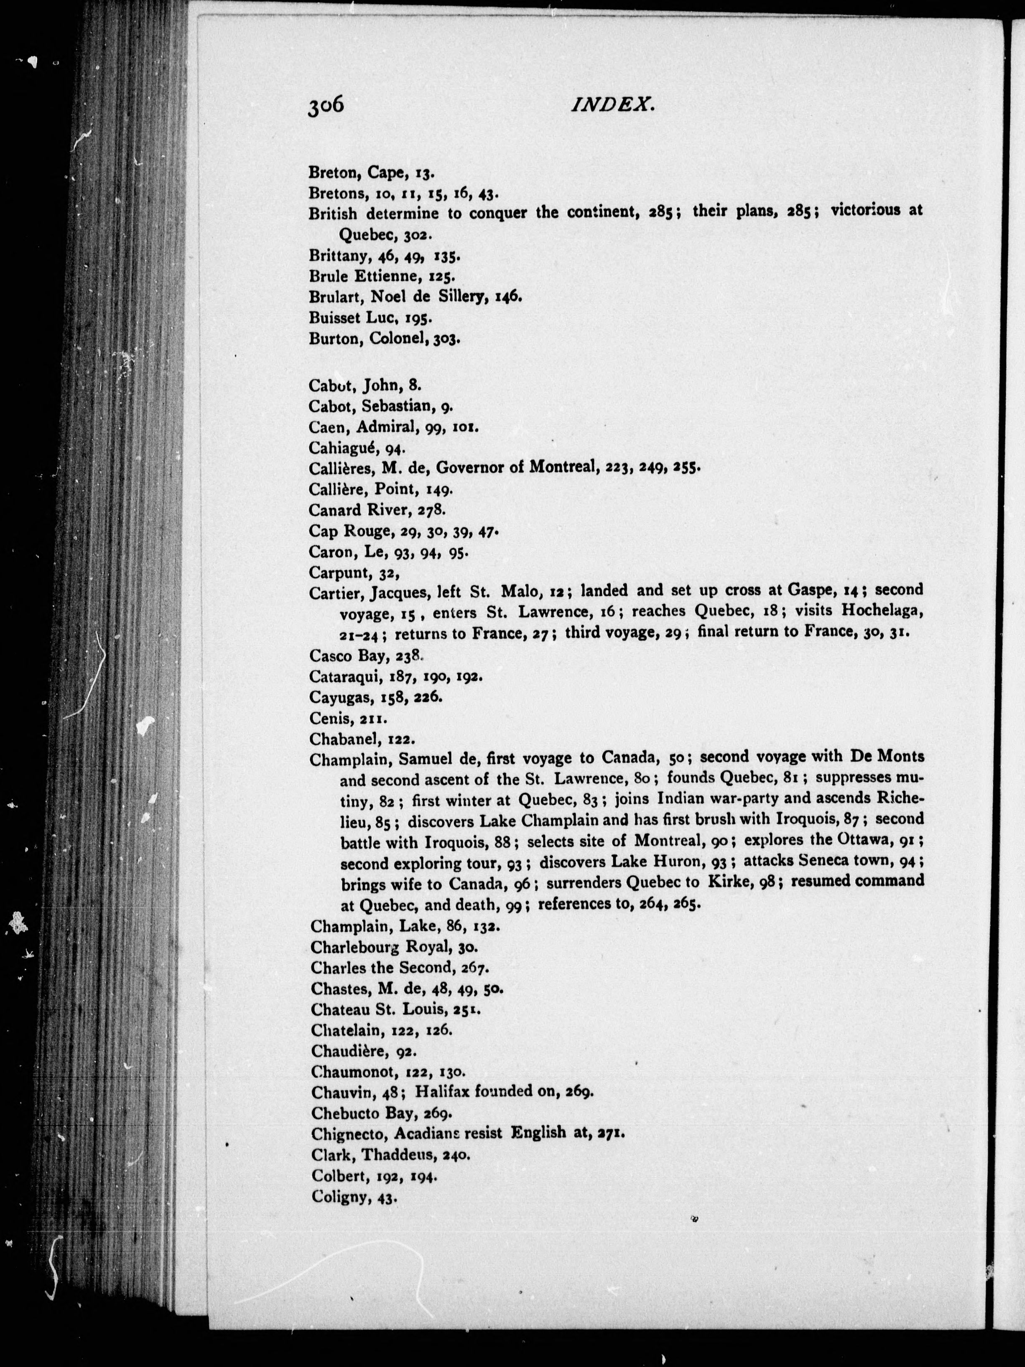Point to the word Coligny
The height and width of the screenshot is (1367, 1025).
340,1197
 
